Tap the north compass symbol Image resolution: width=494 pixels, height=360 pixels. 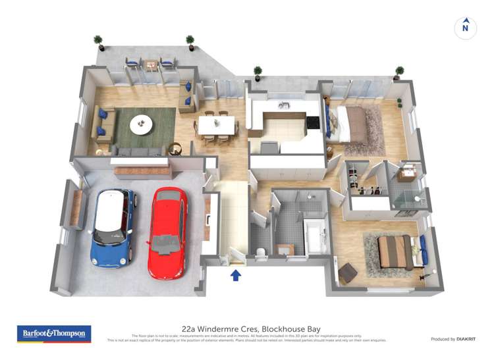click(465, 28)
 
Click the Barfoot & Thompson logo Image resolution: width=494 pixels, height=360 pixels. click(54, 334)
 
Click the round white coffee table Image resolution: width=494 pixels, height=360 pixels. click(140, 123)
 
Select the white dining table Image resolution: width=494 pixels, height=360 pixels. click(216, 124)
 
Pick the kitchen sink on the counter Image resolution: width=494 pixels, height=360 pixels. click(284, 105)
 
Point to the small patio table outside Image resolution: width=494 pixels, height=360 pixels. click(151, 64)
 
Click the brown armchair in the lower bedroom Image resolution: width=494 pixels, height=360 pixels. click(346, 271)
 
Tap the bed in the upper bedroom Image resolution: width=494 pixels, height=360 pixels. click(352, 123)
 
